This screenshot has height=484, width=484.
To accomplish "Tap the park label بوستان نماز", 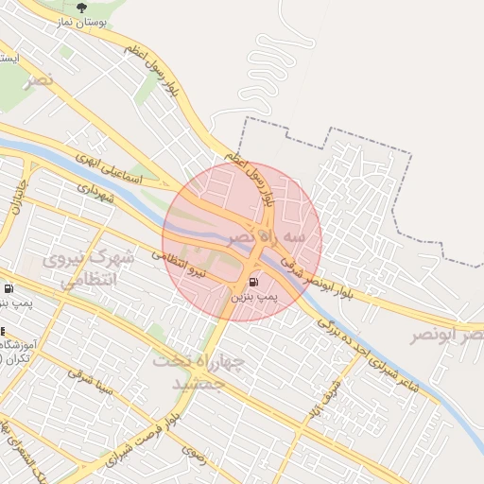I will [x=80, y=22].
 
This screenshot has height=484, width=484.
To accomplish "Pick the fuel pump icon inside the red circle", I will [x=253, y=282].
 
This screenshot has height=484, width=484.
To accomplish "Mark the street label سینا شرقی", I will [x=93, y=382].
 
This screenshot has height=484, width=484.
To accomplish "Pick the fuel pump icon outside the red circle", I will [x=9, y=288].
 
